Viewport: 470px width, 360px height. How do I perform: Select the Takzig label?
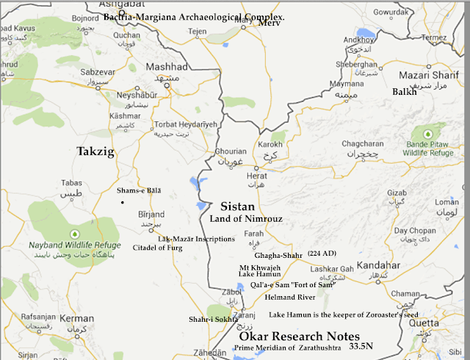coord(97,151)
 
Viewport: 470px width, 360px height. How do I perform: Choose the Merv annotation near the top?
coord(270,23)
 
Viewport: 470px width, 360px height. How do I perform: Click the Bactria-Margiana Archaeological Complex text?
coord(194,16)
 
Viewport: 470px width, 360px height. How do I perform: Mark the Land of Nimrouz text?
coord(236,219)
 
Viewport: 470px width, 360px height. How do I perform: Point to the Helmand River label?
coord(291,297)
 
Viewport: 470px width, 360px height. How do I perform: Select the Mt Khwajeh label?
coord(261,266)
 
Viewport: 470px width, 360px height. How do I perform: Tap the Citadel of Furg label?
coord(156,248)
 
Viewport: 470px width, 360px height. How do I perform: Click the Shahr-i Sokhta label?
coord(214,320)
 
